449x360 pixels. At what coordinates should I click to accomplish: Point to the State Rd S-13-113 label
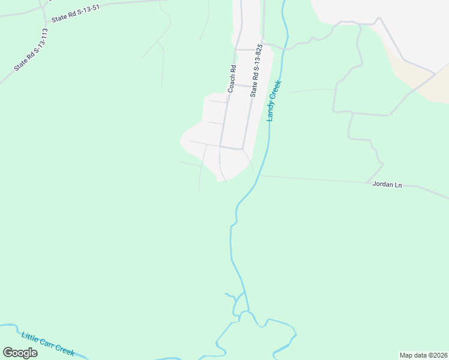coord(31,50)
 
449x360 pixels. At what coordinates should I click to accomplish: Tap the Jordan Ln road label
coord(387,185)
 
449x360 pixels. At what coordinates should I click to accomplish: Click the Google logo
coord(20,352)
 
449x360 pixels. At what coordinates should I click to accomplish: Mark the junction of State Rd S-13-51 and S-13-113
coord(43,21)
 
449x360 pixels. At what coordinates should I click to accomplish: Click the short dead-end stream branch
coord(231,295)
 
